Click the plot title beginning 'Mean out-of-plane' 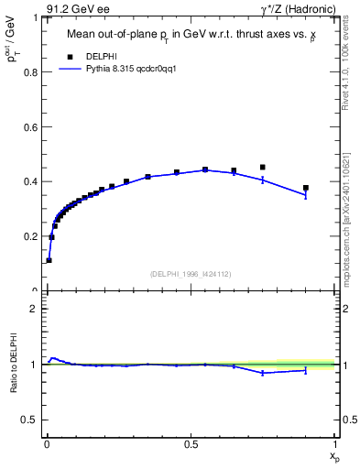tap(190, 37)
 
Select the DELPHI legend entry tap(103, 57)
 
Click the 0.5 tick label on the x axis tap(191, 443)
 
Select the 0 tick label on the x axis tap(47, 443)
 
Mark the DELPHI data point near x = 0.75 tap(263, 168)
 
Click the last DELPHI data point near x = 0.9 tap(306, 188)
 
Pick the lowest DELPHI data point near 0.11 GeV tap(49, 260)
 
